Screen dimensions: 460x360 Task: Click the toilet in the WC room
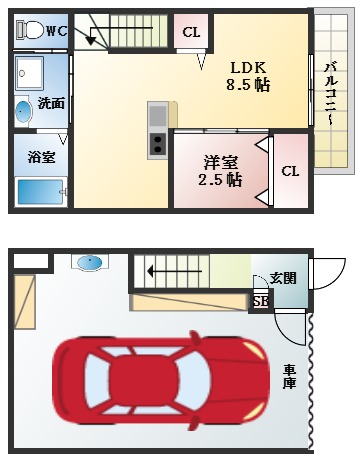click(30, 30)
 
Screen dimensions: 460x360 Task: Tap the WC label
click(56, 30)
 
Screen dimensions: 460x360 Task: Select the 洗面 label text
click(51, 103)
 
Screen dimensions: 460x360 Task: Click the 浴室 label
click(41, 157)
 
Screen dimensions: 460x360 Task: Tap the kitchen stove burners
click(158, 144)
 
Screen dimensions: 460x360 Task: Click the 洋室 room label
click(220, 161)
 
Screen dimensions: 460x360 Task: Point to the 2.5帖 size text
click(220, 180)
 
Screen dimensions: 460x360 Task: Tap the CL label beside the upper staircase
click(191, 32)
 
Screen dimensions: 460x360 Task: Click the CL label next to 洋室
click(290, 170)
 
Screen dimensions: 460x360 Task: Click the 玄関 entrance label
click(283, 278)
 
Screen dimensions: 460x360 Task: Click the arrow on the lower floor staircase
click(160, 269)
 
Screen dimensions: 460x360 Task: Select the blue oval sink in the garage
click(90, 262)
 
